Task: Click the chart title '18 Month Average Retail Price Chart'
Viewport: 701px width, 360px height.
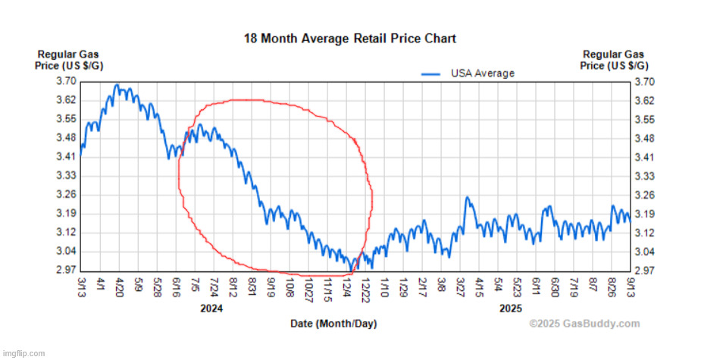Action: pos(349,38)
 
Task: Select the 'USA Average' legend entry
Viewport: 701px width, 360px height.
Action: pos(482,74)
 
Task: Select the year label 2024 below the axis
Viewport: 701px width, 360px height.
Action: pos(211,308)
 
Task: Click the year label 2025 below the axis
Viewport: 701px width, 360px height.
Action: pos(511,308)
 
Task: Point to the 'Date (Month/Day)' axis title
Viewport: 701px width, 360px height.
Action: pos(333,324)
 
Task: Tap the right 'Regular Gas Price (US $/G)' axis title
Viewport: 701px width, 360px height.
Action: pos(612,60)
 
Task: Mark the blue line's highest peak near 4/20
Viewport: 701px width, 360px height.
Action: pos(117,85)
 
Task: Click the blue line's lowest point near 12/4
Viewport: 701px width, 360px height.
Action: pos(351,269)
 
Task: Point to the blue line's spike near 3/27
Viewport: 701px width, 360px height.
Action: pos(468,198)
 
